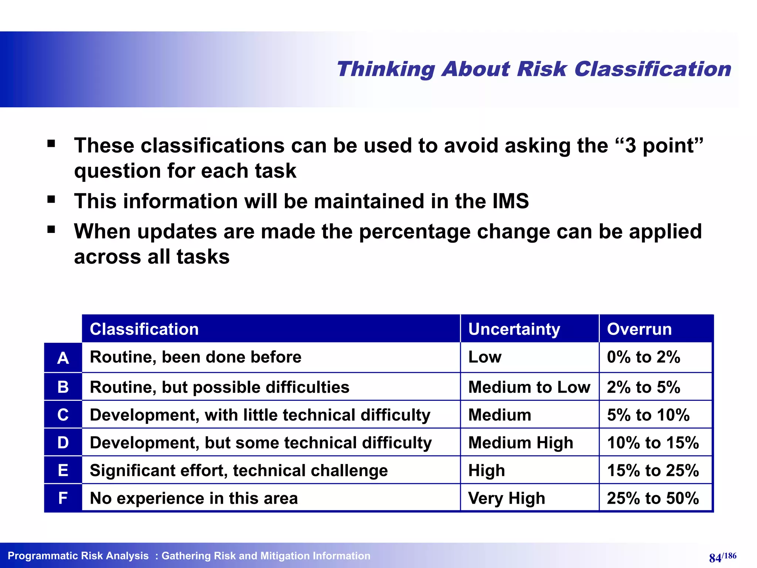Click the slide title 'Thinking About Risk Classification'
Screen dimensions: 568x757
pyautogui.click(x=533, y=69)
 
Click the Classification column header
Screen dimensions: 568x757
pyautogui.click(x=144, y=329)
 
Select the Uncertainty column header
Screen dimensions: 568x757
pyautogui.click(x=514, y=329)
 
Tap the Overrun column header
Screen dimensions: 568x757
pyautogui.click(x=639, y=329)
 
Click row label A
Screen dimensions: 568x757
pyautogui.click(x=63, y=358)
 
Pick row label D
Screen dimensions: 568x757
pyautogui.click(x=63, y=443)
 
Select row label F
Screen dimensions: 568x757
pyautogui.click(x=63, y=498)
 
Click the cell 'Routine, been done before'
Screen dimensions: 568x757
pyautogui.click(x=196, y=357)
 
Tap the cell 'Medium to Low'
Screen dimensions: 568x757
pyautogui.click(x=529, y=387)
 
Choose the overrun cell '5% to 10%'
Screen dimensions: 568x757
pyautogui.click(x=648, y=415)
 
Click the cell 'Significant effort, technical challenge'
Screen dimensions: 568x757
pyautogui.click(x=239, y=470)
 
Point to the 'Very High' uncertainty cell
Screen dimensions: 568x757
pyautogui.click(x=506, y=498)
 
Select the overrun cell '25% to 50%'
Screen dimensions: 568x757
pyautogui.click(x=653, y=498)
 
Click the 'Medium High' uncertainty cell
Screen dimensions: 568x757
pyautogui.click(x=520, y=443)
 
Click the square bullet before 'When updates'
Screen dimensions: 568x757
pyautogui.click(x=51, y=230)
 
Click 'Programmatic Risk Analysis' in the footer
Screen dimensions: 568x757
pyautogui.click(x=78, y=556)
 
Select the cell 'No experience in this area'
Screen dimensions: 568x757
pyautogui.click(x=194, y=498)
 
